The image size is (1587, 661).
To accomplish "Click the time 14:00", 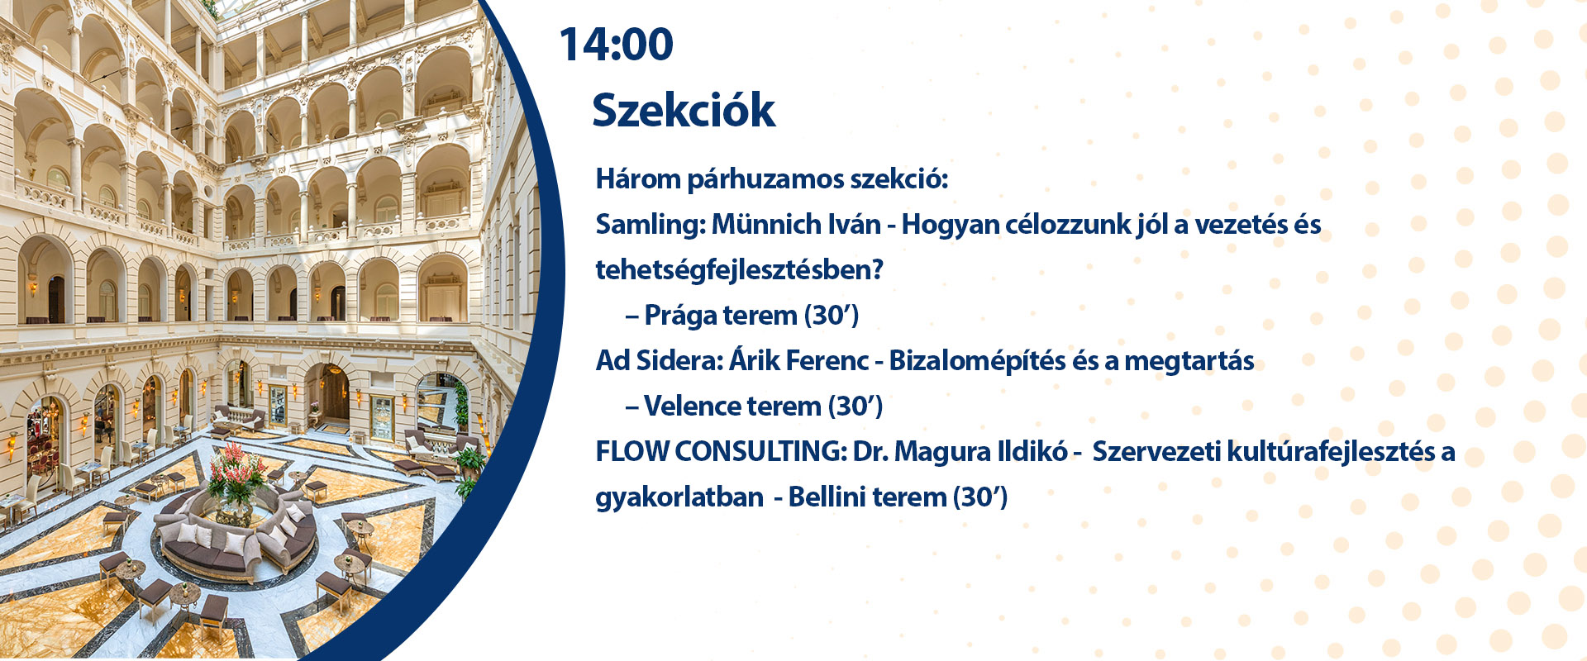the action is pyautogui.click(x=617, y=45).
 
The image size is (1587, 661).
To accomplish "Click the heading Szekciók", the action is pyautogui.click(x=684, y=110).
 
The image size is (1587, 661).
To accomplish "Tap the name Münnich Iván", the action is pyautogui.click(x=796, y=224).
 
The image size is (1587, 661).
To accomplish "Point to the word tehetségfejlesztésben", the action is pyautogui.click(x=739, y=270).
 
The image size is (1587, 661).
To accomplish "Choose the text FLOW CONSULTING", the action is pyautogui.click(x=721, y=452).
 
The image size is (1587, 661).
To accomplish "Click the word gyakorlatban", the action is pyautogui.click(x=668, y=498).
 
